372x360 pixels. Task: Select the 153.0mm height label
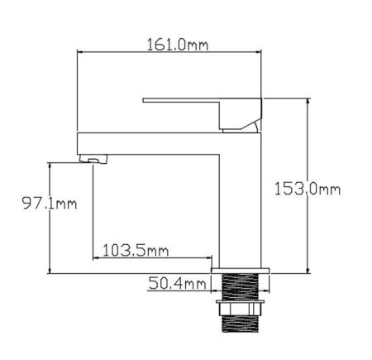[307, 189]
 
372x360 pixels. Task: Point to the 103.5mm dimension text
[136, 250]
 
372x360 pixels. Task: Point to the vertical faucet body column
[237, 199]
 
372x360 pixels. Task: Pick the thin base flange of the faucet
[241, 270]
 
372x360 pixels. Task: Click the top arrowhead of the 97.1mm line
[52, 166]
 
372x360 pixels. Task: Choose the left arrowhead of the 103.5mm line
[96, 257]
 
